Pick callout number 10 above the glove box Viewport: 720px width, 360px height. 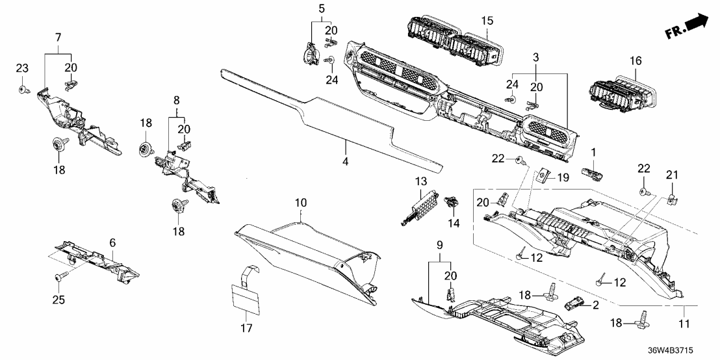point(300,204)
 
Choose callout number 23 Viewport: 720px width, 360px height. point(22,68)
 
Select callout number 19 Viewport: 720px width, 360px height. point(563,176)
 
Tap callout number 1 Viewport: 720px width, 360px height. point(593,151)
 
